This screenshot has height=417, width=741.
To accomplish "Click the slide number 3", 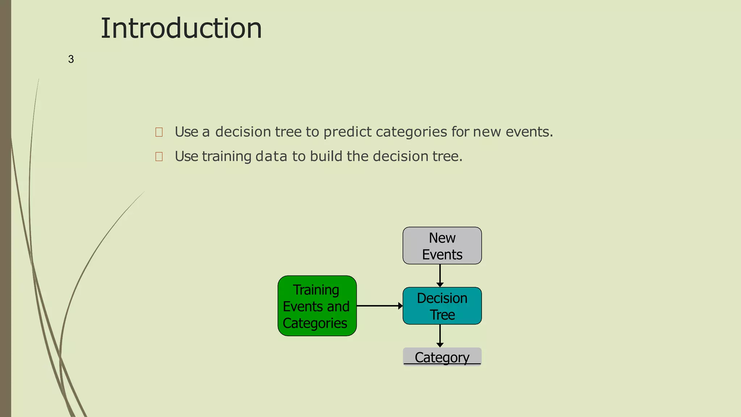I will [x=71, y=59].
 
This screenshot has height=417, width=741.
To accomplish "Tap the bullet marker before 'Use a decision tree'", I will [x=159, y=132].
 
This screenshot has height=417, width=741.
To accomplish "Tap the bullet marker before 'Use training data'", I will [x=159, y=156].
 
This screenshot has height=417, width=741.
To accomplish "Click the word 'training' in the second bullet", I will [x=226, y=156].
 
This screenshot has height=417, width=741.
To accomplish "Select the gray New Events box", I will [x=442, y=246].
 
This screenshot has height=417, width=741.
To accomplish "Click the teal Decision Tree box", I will [x=442, y=306].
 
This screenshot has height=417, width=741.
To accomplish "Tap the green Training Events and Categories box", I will [x=317, y=306].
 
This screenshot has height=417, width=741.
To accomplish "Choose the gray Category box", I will [x=442, y=357].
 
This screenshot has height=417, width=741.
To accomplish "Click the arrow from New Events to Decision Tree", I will [x=440, y=275].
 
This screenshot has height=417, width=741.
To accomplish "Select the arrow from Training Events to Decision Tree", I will [x=379, y=306].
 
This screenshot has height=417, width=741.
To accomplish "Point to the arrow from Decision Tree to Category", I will [x=440, y=336].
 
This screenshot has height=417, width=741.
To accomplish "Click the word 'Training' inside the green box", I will [x=316, y=290].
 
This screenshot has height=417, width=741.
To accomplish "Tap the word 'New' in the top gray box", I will [x=442, y=238].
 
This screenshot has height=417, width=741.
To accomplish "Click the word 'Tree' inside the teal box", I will [x=442, y=315].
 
